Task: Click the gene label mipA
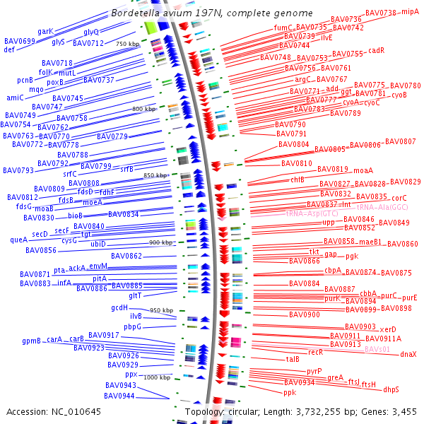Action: (410, 12)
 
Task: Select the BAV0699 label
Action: (19, 42)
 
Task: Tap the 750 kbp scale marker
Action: (128, 44)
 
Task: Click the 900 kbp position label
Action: (161, 242)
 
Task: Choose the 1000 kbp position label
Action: (157, 377)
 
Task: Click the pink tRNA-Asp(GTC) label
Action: (311, 213)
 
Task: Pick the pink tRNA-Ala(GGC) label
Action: (382, 207)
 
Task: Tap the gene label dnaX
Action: (408, 354)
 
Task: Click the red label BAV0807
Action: (401, 141)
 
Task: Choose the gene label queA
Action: (18, 240)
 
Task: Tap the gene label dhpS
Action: (391, 389)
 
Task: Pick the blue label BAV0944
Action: (120, 396)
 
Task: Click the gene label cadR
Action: (376, 51)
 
